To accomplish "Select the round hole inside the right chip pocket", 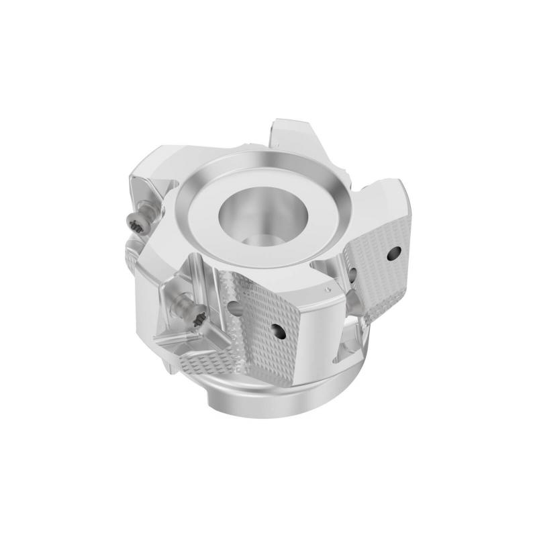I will coord(351,272).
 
